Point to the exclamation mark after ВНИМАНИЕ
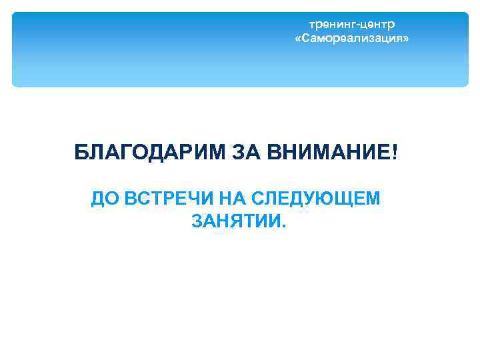click(395, 153)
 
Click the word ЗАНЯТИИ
click(235, 221)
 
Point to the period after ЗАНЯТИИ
click(283, 225)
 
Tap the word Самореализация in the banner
click(351, 39)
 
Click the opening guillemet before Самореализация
click(297, 39)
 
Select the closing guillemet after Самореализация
click(405, 39)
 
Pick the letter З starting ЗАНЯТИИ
click(197, 221)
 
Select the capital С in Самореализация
click(305, 39)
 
